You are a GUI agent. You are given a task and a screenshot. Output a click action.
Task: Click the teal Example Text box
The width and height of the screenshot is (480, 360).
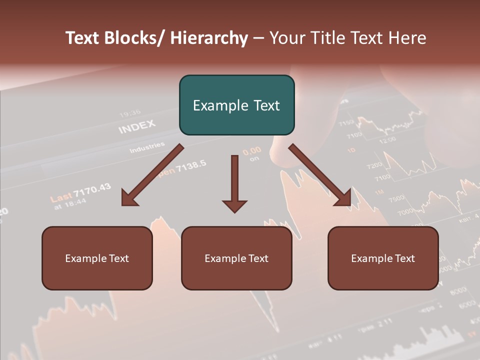pos(236,105)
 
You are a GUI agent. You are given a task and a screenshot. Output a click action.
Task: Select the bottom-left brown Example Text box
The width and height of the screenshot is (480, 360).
pos(97,258)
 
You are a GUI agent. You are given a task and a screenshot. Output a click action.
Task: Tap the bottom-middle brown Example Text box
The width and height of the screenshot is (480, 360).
pos(236,258)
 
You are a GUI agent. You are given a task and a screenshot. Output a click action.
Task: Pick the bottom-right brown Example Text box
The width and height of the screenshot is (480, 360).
pos(383,258)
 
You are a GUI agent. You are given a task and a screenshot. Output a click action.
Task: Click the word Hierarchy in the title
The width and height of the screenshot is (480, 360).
pos(209,38)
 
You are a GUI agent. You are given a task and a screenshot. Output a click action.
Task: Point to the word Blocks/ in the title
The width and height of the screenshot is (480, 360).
pos(134,38)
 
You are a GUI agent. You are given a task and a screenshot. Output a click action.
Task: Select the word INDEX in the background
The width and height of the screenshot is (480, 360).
pos(137,126)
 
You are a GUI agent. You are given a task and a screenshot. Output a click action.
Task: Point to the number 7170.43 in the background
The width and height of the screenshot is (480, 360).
pos(92,189)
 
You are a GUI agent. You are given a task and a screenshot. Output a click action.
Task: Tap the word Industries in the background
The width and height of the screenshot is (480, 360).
pos(147,147)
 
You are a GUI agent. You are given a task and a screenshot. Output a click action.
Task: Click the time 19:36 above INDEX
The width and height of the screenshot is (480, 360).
pos(130,113)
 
